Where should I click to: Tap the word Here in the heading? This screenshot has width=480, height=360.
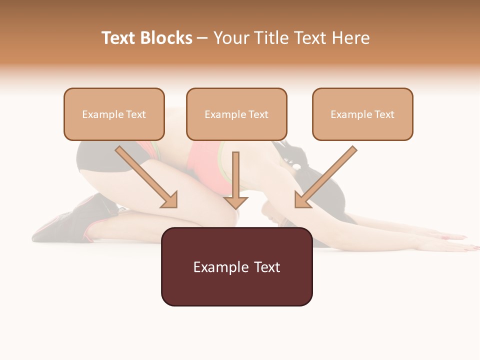pyautogui.click(x=349, y=38)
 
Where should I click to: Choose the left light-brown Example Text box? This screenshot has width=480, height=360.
pyautogui.click(x=114, y=114)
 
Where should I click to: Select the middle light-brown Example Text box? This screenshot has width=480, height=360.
pyautogui.click(x=236, y=114)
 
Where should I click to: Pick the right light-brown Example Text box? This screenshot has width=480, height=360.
pyautogui.click(x=362, y=114)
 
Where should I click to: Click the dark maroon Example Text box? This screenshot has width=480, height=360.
pyautogui.click(x=236, y=267)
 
